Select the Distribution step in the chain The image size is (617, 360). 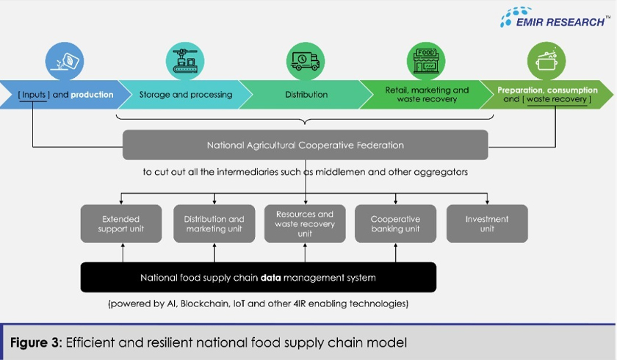click(x=306, y=95)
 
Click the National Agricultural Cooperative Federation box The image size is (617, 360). click(x=305, y=145)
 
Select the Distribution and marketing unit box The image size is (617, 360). click(x=214, y=223)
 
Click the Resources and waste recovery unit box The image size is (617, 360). click(x=305, y=223)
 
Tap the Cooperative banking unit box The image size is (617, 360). click(x=395, y=223)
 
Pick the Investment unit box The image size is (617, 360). click(x=486, y=223)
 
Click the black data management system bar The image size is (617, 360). click(x=258, y=278)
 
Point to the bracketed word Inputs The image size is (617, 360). click(x=34, y=95)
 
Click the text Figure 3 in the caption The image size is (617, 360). click(x=32, y=342)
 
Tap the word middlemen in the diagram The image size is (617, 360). click(x=355, y=172)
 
